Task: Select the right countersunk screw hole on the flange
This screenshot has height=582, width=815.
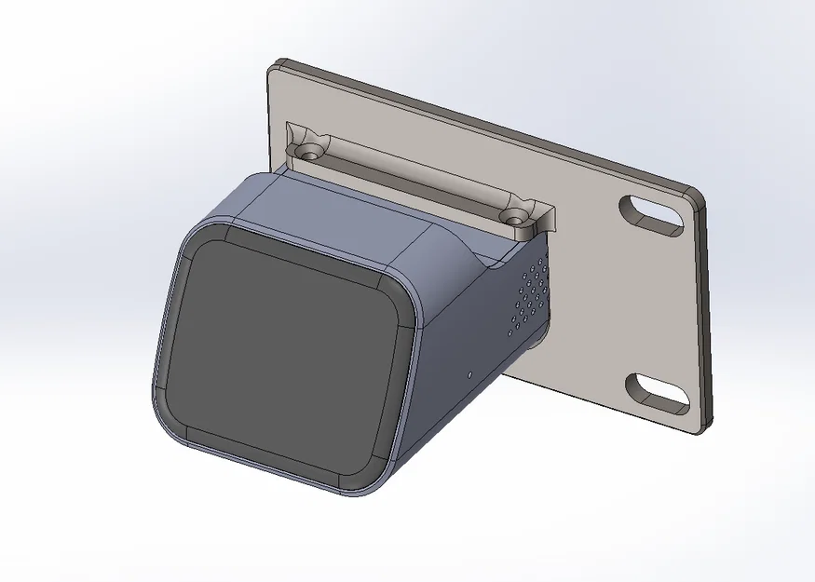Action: (512, 217)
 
